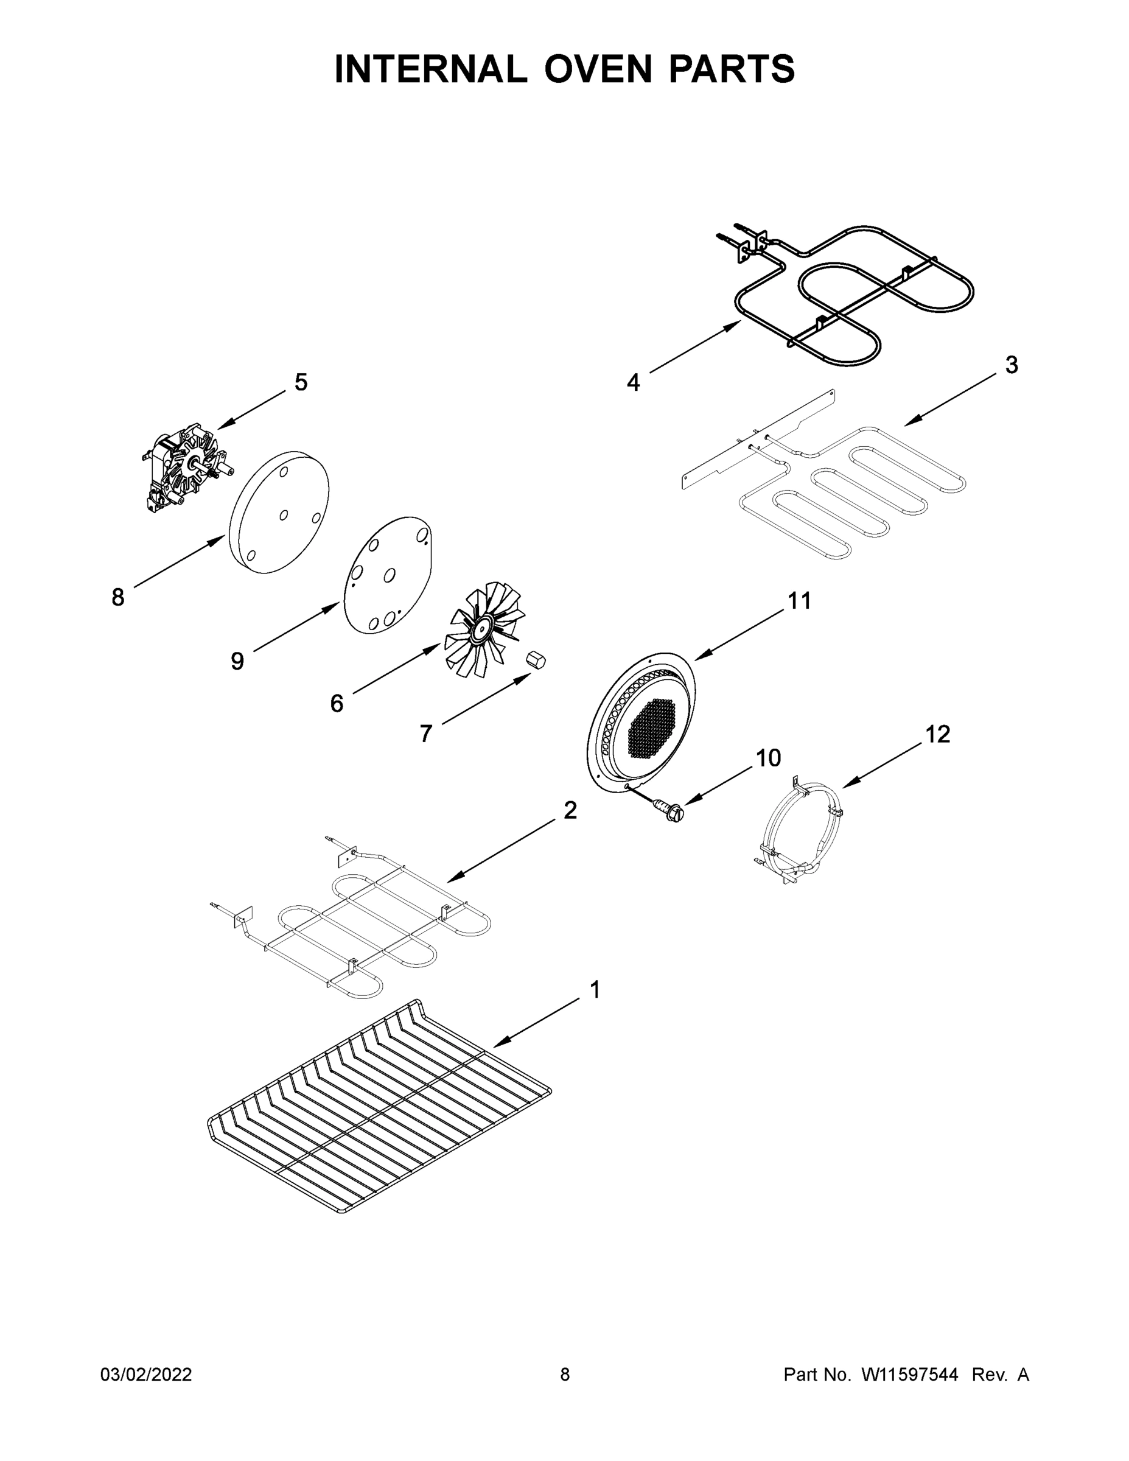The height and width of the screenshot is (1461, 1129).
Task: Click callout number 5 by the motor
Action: (x=301, y=383)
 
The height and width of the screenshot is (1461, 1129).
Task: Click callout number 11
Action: (x=799, y=601)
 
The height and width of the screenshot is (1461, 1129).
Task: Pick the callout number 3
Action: (x=1012, y=365)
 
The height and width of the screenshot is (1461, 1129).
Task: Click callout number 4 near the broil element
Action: (x=634, y=383)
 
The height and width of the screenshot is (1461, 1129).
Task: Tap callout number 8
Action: (x=117, y=597)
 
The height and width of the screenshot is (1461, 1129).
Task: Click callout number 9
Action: (x=237, y=662)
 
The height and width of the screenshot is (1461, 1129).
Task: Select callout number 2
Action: (x=570, y=810)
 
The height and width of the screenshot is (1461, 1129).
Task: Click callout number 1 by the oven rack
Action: (x=595, y=1009)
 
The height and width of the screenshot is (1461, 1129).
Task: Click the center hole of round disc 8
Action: (x=283, y=514)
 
